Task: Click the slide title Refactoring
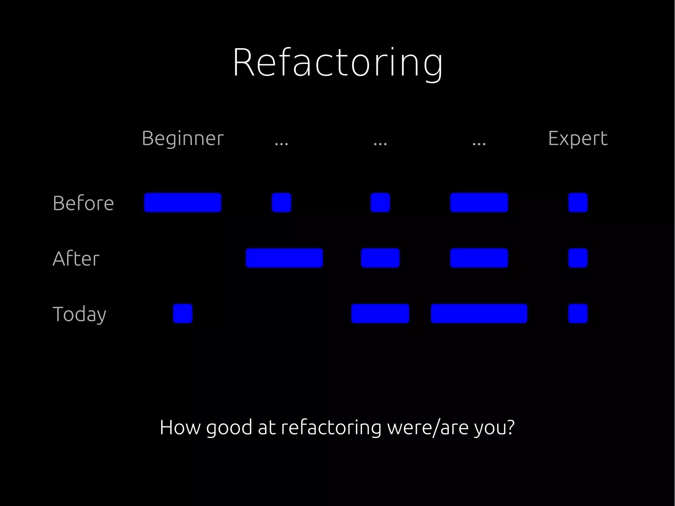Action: point(337,63)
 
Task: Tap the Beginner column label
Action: point(183,138)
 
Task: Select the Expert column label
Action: point(578,138)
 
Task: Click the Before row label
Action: point(83,203)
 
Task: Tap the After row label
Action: point(76,258)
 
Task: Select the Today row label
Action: point(79,314)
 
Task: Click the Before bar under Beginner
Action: point(183,202)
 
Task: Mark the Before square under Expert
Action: point(578,202)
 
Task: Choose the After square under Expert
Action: point(578,258)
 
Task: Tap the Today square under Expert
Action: point(578,313)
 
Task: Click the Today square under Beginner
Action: point(183,313)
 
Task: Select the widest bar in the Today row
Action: point(479,313)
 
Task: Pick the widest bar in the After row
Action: point(284,258)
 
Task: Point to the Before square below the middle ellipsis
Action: point(380,202)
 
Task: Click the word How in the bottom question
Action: point(180,428)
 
